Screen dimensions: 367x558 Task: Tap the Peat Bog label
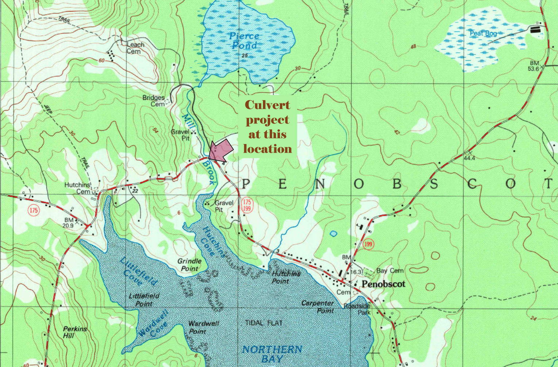click(483, 33)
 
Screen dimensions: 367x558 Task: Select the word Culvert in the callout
click(267, 105)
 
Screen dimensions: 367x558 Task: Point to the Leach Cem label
click(135, 48)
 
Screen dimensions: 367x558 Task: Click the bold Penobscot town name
click(383, 284)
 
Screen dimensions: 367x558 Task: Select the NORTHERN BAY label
click(272, 354)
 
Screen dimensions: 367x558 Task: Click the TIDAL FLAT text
click(264, 323)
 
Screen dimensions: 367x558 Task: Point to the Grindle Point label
click(189, 265)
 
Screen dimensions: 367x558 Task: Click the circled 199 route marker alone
click(368, 244)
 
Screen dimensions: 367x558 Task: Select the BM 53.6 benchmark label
click(534, 66)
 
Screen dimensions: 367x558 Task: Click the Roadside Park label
click(358, 309)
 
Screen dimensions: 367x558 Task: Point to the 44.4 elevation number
click(469, 158)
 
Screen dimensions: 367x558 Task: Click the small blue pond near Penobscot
click(333, 233)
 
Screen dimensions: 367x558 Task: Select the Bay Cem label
click(390, 270)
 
